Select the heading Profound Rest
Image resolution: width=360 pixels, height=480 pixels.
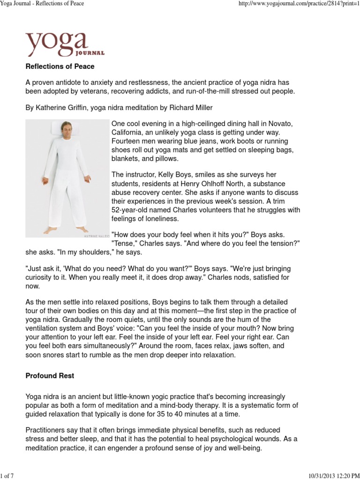coord(50,376)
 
